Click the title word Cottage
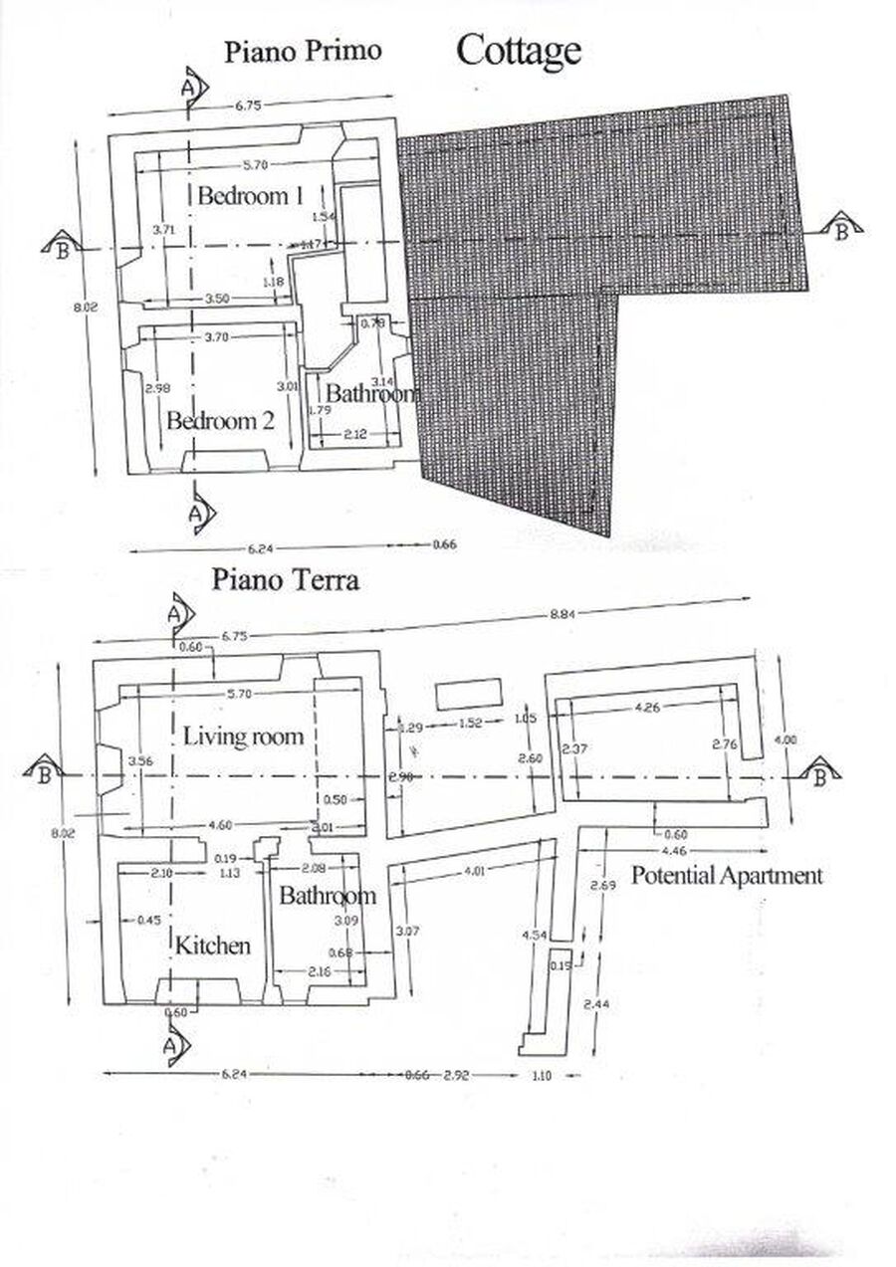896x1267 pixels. [518, 50]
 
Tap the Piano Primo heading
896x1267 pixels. [302, 52]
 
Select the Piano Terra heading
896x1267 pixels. [285, 580]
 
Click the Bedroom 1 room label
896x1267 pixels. [249, 195]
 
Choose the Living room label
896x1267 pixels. [243, 738]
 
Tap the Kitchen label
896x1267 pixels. [213, 945]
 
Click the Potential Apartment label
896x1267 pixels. [728, 876]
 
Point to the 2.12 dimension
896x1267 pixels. [353, 433]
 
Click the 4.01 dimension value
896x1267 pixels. [474, 873]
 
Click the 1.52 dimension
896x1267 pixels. [471, 724]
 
